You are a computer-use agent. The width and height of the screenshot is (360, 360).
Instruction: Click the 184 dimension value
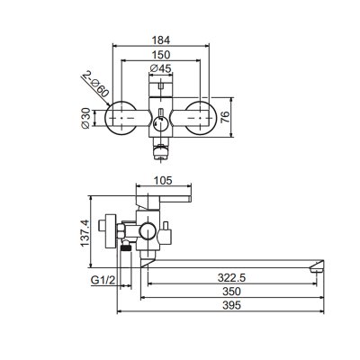click(160, 40)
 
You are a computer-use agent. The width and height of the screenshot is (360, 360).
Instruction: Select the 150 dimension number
click(160, 55)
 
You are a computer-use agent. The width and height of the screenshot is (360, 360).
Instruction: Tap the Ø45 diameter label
click(160, 68)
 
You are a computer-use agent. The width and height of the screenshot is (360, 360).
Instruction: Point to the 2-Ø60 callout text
click(95, 84)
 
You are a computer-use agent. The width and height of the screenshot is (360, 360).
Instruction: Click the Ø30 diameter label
click(85, 118)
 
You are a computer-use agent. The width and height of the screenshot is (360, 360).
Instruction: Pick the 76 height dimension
click(225, 117)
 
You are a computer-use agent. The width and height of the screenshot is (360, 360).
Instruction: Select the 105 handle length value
click(163, 181)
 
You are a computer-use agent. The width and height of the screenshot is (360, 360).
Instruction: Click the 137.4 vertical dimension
click(85, 233)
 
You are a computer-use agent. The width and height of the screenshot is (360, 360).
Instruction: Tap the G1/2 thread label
click(103, 281)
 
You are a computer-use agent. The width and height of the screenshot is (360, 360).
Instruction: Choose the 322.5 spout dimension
click(231, 278)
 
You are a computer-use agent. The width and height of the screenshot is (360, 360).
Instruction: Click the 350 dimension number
click(231, 292)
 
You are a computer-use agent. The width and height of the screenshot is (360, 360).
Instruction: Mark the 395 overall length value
click(231, 305)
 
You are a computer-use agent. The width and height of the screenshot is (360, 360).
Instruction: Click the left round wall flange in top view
click(121, 118)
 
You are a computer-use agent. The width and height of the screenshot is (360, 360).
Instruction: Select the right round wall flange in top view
click(200, 118)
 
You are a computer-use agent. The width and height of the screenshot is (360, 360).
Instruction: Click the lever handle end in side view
click(190, 199)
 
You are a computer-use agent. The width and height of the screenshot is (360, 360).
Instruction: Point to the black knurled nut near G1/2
click(126, 248)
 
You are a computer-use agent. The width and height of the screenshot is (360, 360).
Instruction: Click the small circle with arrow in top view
click(160, 123)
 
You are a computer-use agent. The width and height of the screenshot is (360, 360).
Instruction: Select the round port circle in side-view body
click(148, 231)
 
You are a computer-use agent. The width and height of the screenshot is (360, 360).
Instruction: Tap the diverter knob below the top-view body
click(161, 152)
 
